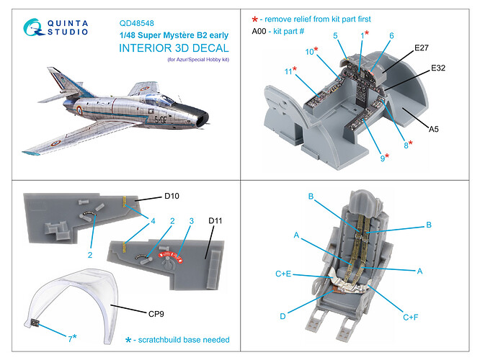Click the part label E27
(423, 48)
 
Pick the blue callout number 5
(335, 35)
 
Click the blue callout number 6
(391, 35)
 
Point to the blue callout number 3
(192, 221)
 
